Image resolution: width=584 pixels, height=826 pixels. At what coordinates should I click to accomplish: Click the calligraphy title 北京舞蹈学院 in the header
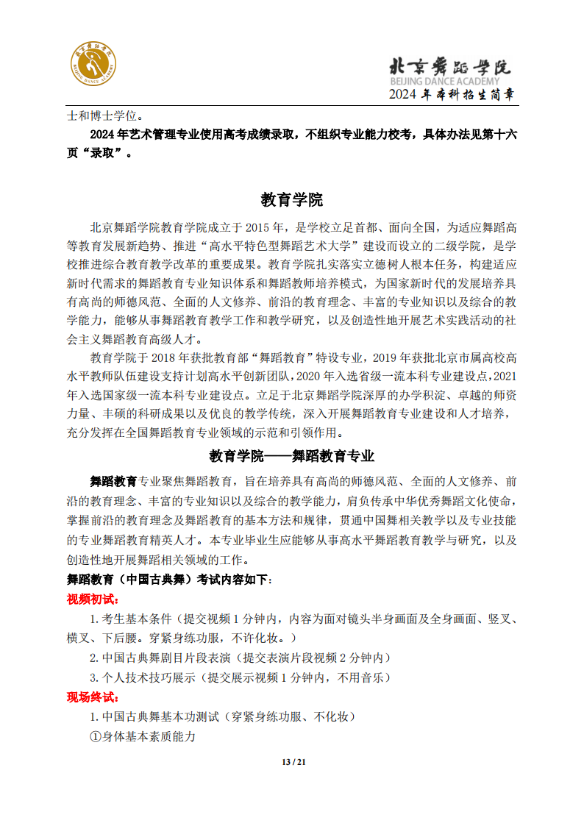tap(449, 66)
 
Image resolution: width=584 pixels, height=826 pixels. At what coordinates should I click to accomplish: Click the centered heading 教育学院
tap(291, 199)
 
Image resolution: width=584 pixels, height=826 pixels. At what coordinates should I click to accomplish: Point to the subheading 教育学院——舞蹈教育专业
tap(292, 456)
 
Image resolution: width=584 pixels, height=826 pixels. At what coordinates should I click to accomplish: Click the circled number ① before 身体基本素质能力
tap(96, 736)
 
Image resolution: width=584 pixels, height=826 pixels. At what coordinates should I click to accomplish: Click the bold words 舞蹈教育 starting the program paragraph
tap(114, 482)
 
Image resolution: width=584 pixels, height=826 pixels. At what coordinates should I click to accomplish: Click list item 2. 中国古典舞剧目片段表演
tap(240, 657)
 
